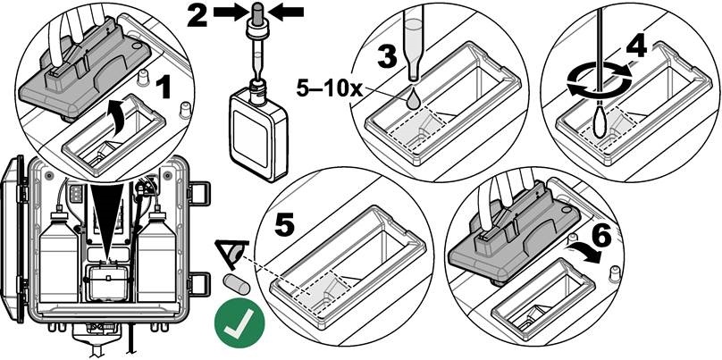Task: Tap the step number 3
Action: tap(386, 55)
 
